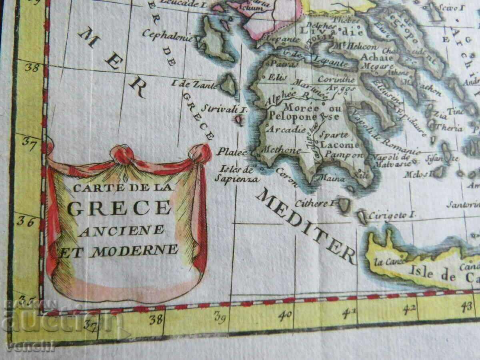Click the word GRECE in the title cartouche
point(119,208)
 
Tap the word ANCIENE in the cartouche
point(121,231)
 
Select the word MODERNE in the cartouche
point(134,250)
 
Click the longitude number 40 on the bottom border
point(285,315)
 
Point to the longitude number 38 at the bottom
point(156,319)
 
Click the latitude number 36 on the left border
point(26,221)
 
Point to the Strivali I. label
point(224,108)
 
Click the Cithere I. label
point(314,204)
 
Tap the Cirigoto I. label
point(392,215)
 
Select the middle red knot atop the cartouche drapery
point(122,154)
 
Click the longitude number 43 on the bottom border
point(466,307)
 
